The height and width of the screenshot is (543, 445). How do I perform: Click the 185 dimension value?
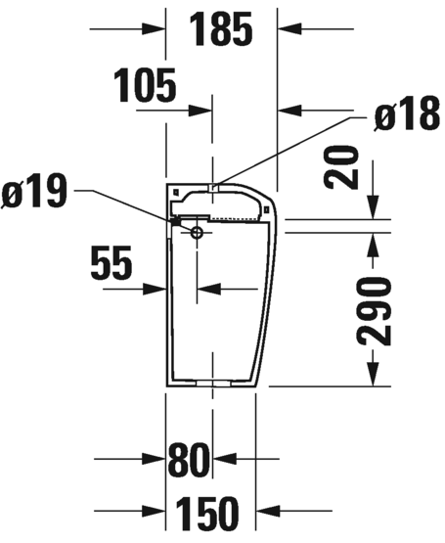(x=221, y=29)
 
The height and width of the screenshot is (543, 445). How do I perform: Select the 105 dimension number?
(x=145, y=85)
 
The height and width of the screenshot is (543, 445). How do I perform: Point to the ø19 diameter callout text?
(x=34, y=191)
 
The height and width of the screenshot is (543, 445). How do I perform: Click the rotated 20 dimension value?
(x=340, y=167)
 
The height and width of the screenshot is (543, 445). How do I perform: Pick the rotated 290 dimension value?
(x=375, y=312)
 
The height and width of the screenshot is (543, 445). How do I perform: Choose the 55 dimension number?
(x=111, y=262)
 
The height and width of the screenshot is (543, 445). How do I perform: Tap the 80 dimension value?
(x=189, y=460)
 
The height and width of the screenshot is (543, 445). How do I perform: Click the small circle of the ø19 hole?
(x=197, y=233)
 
